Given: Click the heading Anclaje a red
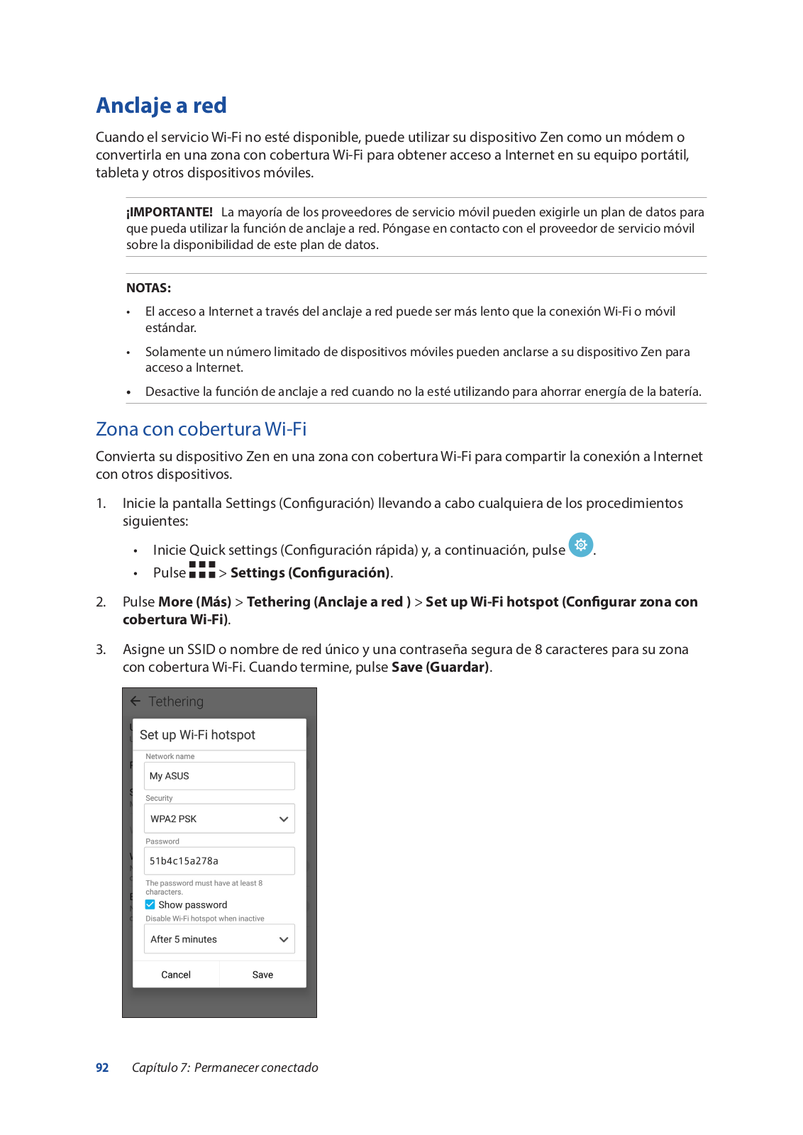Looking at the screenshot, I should pos(161,106).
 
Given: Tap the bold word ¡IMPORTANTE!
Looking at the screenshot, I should pos(170,212).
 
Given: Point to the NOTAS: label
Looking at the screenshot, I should pos(148,288).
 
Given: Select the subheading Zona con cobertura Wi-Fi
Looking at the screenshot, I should pos(201,429).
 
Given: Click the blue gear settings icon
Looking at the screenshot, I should pos(581,545).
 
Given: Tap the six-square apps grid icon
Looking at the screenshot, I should pos(202,570).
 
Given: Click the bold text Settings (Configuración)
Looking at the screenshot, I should pos(310,573).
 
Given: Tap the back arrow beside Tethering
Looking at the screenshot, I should pos(135,701).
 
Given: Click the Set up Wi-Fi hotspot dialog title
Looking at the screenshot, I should pos(197,735).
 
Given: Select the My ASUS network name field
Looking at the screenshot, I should pos(219,776).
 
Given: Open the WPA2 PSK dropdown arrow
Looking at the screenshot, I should pos(284,819).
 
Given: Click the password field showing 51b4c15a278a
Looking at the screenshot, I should pos(219,861).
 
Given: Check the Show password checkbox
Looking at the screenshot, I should pos(150,904).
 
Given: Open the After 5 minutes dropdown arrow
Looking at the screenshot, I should pos(284,940).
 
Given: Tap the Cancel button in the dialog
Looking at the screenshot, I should pos(176,975).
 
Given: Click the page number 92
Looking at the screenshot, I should pos(102,1068).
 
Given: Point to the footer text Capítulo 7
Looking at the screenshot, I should pos(160,1068).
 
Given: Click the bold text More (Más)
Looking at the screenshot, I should pos(194,602).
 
